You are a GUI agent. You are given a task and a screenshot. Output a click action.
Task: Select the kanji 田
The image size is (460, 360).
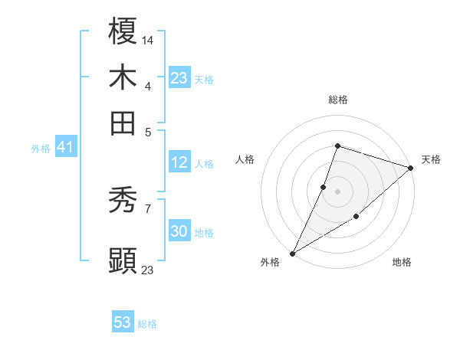(123, 122)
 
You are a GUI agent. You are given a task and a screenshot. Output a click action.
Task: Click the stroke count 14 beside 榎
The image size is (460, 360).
(148, 39)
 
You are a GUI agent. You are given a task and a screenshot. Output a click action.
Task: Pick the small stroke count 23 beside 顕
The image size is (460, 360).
(148, 270)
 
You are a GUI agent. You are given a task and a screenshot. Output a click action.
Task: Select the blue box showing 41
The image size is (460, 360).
(64, 148)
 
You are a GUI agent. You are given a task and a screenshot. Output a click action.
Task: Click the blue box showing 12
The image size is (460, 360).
(179, 162)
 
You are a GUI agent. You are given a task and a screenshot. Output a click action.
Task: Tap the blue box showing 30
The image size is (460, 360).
(179, 232)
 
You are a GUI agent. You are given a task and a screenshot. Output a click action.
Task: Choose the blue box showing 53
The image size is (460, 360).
(123, 322)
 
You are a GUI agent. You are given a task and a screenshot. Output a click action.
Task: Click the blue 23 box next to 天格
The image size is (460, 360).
(179, 78)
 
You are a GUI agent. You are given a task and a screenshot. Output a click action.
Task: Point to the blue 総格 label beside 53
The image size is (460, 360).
(147, 324)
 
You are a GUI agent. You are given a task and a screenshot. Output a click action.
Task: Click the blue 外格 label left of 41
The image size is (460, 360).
(41, 149)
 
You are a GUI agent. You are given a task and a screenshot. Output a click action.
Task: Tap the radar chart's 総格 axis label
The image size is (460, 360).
(337, 100)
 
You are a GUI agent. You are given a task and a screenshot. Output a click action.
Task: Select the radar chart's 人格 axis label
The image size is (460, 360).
(245, 159)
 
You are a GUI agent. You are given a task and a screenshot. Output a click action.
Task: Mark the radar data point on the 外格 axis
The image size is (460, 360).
(292, 253)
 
